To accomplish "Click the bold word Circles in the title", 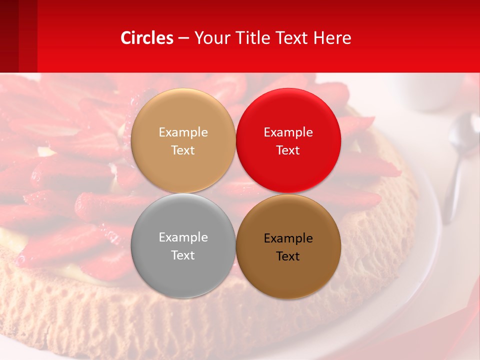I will point(146,38).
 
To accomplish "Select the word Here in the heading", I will point(332,38).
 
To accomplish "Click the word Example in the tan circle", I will point(183,132).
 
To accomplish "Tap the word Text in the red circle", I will point(288,150).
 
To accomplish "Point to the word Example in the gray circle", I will point(183,237).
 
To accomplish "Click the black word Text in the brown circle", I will point(288,256).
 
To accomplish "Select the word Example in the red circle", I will point(288,132).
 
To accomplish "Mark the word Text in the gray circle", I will point(183,255).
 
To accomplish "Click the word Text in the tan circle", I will point(183,150).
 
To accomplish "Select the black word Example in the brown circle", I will point(288,238).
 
